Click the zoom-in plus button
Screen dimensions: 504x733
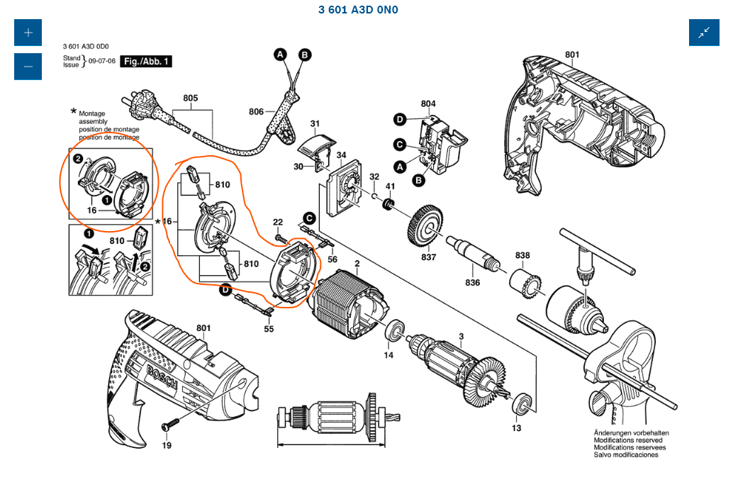tap(28, 33)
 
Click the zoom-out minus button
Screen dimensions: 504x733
tap(28, 67)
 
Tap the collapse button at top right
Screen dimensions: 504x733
tap(704, 33)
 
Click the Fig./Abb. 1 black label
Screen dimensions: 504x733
tap(146, 62)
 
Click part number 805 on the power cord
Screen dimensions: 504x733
tap(190, 99)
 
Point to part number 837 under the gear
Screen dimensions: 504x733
tap(428, 257)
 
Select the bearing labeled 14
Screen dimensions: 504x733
tap(394, 331)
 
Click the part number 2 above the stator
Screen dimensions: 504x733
tap(357, 264)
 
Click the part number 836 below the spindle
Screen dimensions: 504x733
tap(472, 283)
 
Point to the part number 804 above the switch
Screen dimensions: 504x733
tap(428, 104)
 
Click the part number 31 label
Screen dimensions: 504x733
tap(315, 123)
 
